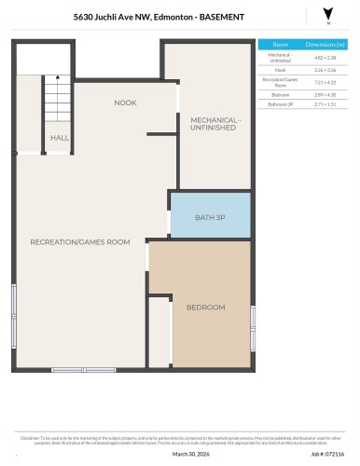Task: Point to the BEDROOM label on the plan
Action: [x=204, y=307]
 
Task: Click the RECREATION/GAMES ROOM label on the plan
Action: [x=79, y=242]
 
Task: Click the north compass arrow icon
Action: [x=326, y=14]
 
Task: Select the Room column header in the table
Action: [x=282, y=44]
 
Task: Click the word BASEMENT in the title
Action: [x=224, y=17]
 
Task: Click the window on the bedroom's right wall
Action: [x=253, y=328]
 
